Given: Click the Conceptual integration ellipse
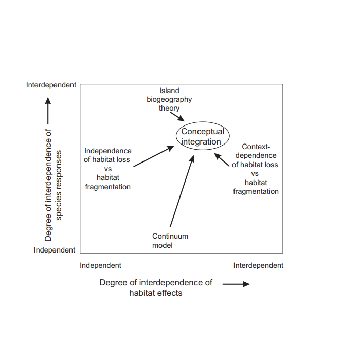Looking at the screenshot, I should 203,136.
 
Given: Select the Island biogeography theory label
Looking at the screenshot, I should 169,100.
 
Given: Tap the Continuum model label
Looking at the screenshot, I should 170,241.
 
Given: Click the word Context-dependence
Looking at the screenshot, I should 256,151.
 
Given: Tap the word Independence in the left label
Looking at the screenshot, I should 107,151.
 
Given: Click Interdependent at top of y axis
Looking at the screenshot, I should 51,85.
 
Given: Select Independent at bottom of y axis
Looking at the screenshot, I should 55,250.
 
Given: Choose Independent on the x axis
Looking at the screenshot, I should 101,265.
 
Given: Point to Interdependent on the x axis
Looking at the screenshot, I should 258,265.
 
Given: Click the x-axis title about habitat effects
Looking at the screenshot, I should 156,287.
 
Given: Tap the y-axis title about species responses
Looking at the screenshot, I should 54,185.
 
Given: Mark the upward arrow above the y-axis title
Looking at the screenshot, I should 48,111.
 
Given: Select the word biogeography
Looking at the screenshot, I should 169,100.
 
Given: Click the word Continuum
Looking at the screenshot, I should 170,236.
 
